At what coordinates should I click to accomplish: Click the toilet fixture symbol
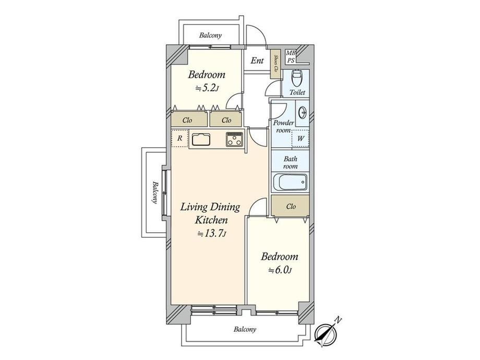click(x=296, y=78)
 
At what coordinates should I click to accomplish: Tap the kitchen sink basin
click(x=201, y=139)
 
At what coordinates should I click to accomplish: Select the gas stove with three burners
click(x=234, y=139)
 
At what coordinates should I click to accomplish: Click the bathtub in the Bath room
click(x=290, y=182)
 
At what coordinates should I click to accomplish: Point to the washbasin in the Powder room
click(x=303, y=113)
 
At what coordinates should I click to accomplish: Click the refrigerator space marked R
click(x=179, y=138)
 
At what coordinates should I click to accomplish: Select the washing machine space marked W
click(x=301, y=138)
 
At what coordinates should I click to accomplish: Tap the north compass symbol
click(x=326, y=333)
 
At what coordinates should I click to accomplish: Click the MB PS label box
click(x=291, y=57)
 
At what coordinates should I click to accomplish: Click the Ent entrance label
click(x=257, y=61)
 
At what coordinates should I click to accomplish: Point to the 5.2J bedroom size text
click(x=207, y=89)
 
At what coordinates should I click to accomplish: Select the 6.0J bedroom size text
click(x=280, y=270)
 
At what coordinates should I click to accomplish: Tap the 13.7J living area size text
click(x=211, y=234)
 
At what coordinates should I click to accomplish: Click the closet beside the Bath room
click(x=290, y=206)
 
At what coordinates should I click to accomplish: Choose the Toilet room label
click(x=297, y=92)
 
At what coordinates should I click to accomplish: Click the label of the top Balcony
click(x=210, y=35)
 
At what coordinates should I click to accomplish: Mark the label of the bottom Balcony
click(x=245, y=329)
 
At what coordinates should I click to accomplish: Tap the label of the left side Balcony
click(x=155, y=193)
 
